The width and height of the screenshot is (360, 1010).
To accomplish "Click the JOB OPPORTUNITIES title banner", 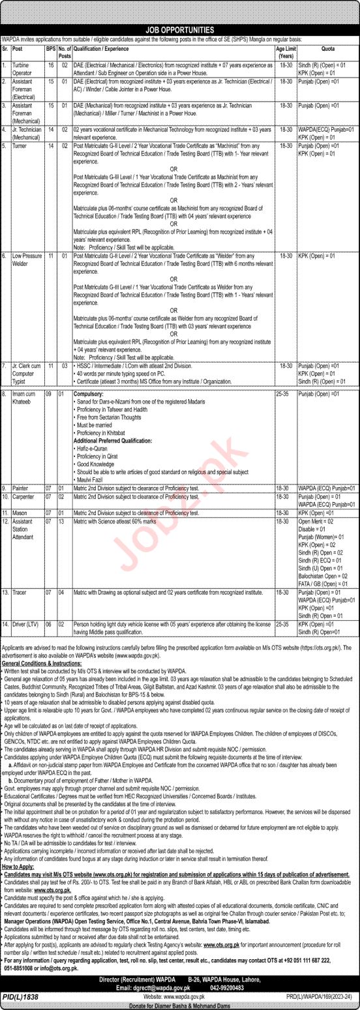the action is [x=180, y=30].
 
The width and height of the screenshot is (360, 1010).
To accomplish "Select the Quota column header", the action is [x=327, y=48].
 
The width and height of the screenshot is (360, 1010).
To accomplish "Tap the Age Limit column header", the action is [x=284, y=51].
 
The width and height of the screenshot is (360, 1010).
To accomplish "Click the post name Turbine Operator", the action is [x=23, y=68].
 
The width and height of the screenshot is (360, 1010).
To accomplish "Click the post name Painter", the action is [x=20, y=487].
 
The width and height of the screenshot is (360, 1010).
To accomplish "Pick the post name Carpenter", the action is [x=23, y=496].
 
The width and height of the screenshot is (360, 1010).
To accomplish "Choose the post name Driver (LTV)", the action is [x=25, y=624].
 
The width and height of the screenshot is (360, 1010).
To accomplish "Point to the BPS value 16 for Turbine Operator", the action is [x=48, y=65].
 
